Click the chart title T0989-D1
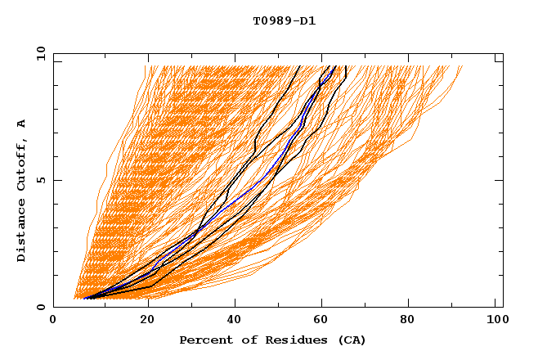coord(284,20)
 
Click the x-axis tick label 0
coord(53,322)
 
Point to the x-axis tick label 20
coord(141,322)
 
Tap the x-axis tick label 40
coord(231,322)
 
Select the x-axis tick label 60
coord(319,322)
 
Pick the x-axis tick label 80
coord(407,322)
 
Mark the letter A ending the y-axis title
coord(22,124)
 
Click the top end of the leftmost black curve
coord(300,66)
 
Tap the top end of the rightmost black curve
coord(346,66)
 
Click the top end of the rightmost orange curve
coord(462,66)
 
